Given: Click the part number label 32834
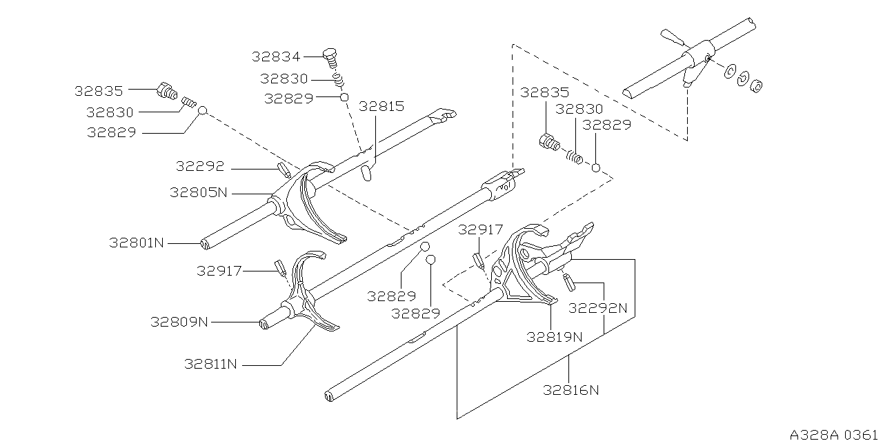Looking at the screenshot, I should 276,57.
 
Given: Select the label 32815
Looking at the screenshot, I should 381,106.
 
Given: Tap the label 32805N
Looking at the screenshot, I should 199,192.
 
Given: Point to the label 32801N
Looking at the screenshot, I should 137,243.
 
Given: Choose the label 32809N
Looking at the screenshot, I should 179,321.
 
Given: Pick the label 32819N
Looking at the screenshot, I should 554,337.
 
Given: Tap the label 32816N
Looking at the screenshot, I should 571,390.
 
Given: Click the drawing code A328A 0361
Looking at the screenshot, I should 835,434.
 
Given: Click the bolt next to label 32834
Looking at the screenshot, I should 330,54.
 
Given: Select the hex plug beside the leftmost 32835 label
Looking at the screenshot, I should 166,91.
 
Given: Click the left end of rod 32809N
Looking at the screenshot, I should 263,324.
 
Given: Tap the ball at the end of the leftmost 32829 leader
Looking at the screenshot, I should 203,110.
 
